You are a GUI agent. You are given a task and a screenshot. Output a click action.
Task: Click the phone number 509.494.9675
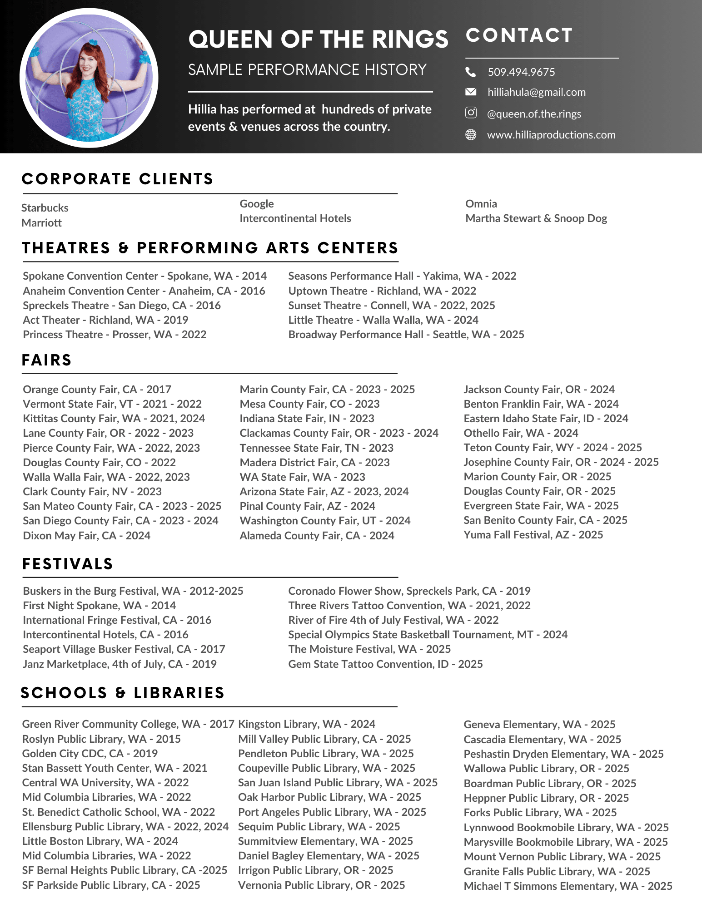(521, 72)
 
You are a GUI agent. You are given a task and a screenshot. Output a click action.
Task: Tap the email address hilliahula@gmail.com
(536, 92)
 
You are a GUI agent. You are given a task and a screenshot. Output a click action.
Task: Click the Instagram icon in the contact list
(471, 113)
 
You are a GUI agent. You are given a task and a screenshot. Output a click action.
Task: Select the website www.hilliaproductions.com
(551, 135)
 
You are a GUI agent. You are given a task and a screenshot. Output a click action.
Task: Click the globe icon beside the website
(471, 134)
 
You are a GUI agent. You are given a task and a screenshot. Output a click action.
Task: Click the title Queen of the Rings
(318, 39)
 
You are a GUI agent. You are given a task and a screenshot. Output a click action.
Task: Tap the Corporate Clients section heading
(117, 179)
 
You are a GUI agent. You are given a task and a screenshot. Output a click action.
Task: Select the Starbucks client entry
(45, 208)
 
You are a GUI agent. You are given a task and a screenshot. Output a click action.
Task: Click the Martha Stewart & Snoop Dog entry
(536, 218)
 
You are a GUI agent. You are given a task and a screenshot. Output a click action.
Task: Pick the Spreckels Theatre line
(122, 306)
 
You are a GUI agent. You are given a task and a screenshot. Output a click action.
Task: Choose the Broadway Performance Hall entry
(406, 335)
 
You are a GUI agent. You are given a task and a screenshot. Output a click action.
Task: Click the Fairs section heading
(47, 360)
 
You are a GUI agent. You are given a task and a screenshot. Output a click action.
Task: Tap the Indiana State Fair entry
(307, 419)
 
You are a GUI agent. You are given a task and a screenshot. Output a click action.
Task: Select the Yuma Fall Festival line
(533, 535)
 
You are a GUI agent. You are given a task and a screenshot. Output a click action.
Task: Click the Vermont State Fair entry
(112, 404)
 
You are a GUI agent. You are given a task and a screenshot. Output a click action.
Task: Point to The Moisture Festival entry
(369, 649)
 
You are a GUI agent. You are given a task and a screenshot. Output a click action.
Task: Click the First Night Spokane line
(100, 606)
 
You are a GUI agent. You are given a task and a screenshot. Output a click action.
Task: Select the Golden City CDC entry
(90, 754)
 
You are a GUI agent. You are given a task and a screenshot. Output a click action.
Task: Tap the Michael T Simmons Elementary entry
(568, 886)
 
